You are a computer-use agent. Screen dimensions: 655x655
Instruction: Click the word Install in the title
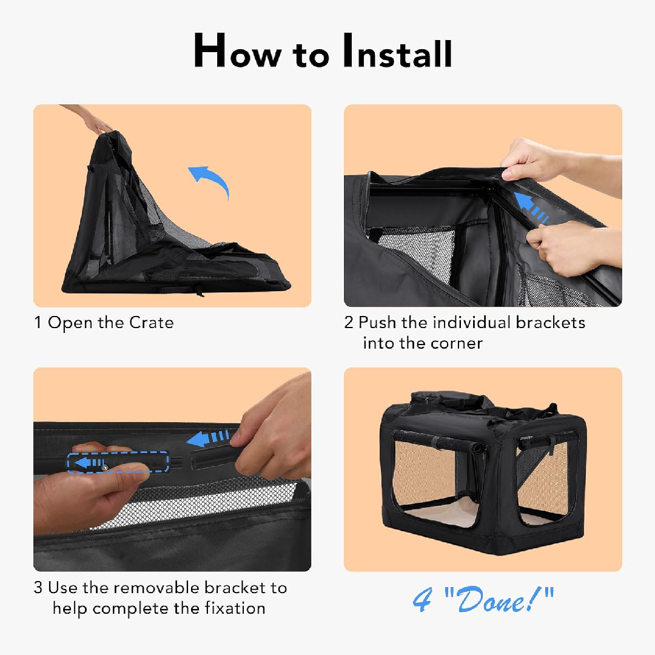click(x=397, y=51)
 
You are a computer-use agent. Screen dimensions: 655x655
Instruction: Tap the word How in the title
click(x=238, y=51)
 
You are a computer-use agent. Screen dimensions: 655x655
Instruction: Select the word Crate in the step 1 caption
click(x=151, y=323)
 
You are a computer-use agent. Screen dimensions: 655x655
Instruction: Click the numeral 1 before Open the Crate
click(x=38, y=323)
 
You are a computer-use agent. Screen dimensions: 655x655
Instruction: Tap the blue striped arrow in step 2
click(x=531, y=207)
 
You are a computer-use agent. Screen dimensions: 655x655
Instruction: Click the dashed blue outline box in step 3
click(x=118, y=462)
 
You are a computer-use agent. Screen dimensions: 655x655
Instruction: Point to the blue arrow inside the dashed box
click(x=89, y=462)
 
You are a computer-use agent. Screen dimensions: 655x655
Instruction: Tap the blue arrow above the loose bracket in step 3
click(x=207, y=438)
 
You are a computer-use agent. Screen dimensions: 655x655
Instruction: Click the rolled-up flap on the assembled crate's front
click(x=440, y=442)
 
